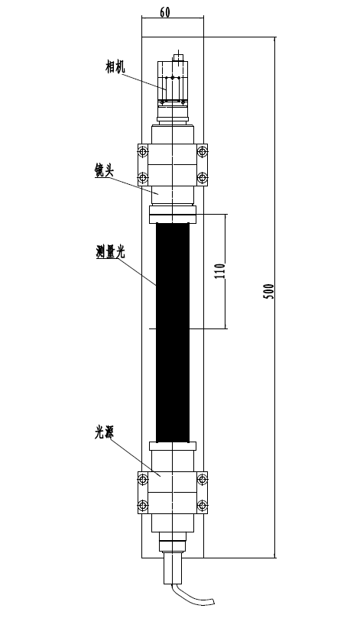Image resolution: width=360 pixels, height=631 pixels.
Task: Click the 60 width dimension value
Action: point(165,12)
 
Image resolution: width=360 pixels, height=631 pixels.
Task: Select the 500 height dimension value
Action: point(268,291)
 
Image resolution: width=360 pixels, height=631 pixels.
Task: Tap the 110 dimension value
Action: point(219,271)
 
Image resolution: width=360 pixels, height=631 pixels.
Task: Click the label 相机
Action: point(115,66)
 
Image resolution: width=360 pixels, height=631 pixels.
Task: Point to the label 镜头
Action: point(104,170)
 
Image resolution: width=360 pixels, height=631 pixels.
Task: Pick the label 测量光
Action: point(110,251)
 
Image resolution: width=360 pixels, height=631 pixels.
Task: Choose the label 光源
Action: point(104,432)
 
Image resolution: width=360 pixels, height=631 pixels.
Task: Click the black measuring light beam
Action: point(173,332)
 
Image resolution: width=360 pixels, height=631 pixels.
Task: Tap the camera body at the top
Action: point(173,82)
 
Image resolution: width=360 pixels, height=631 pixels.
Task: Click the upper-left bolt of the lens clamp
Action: point(143,152)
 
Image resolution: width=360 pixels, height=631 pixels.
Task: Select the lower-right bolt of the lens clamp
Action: point(202,178)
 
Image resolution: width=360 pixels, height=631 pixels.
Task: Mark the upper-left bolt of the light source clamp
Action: point(143,479)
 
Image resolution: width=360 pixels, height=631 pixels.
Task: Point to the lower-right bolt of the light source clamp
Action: point(202,506)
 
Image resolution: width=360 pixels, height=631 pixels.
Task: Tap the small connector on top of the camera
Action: point(177,57)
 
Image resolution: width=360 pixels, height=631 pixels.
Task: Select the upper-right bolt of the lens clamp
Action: point(202,152)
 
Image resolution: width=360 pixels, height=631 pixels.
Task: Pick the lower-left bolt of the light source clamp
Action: point(143,506)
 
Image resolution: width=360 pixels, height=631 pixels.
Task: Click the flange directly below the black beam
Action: point(173,446)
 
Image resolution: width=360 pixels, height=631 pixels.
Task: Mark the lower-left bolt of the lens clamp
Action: point(143,178)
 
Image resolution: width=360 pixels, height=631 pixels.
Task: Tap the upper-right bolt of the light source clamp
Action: point(202,479)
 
